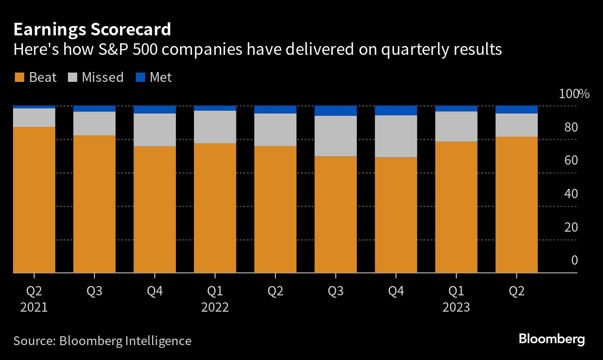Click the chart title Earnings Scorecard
(92, 30)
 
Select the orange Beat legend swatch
(19, 77)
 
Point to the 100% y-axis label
(574, 94)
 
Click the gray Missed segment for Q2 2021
(34, 118)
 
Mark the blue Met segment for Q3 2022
(335, 111)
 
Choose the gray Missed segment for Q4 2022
(396, 136)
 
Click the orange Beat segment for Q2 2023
(516, 205)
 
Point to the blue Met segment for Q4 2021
(154, 110)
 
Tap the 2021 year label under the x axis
(34, 307)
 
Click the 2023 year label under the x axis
(456, 307)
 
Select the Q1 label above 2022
(215, 292)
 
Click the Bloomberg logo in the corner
(551, 339)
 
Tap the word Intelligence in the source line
(158, 341)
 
